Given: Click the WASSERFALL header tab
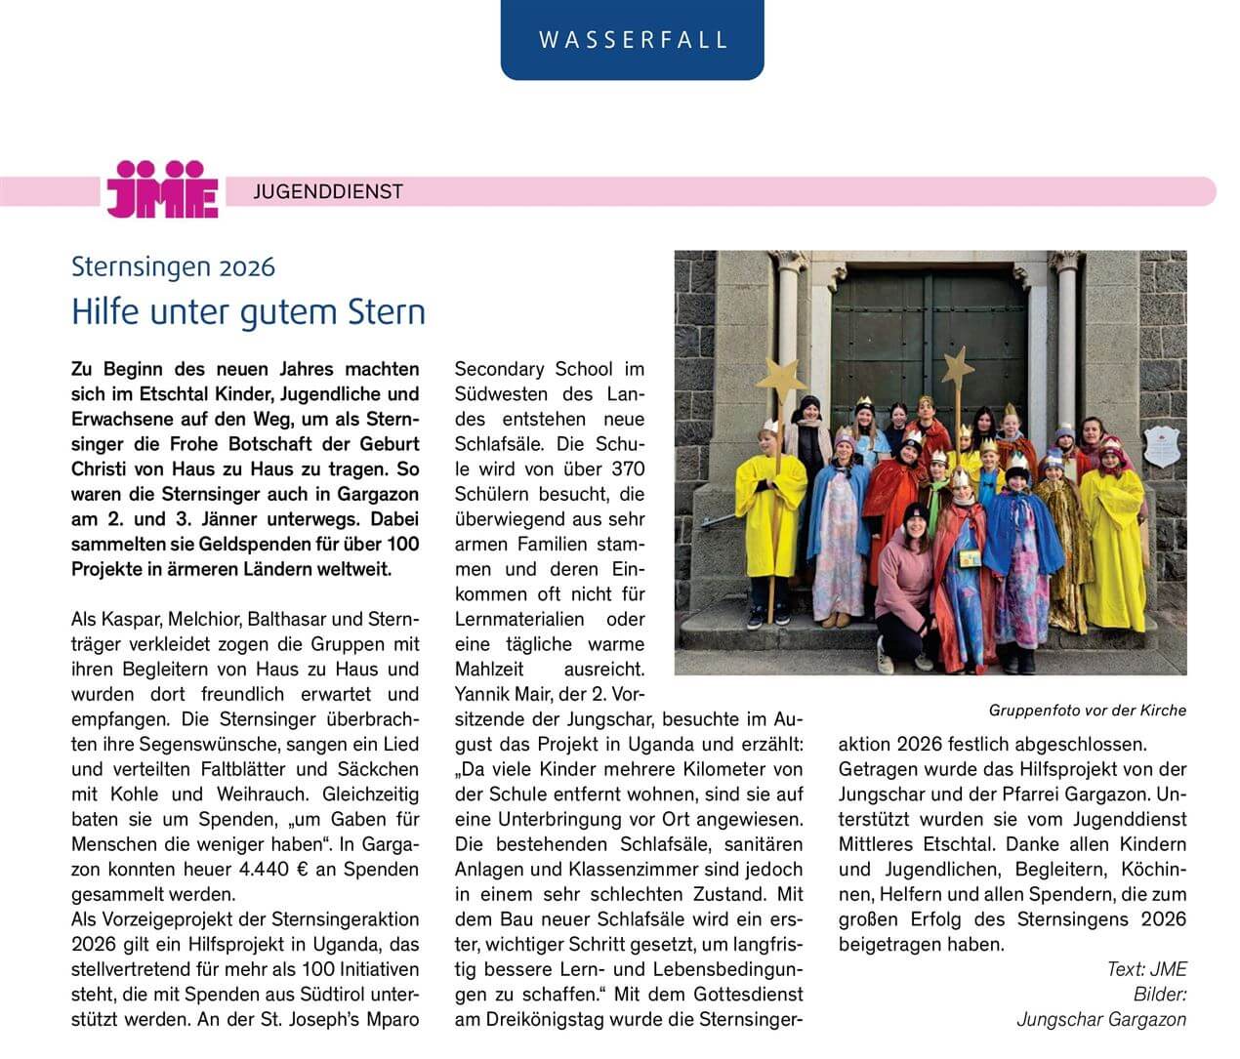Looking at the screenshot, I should (633, 40).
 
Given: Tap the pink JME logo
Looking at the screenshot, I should (162, 188).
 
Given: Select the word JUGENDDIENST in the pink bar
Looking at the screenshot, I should (328, 192).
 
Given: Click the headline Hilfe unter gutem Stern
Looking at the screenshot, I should (248, 312).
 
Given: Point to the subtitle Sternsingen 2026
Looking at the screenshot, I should (173, 266).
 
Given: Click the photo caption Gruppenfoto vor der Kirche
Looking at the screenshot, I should (1087, 710).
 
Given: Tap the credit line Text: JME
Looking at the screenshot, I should (1146, 968).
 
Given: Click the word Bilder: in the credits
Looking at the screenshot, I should (1160, 994).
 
